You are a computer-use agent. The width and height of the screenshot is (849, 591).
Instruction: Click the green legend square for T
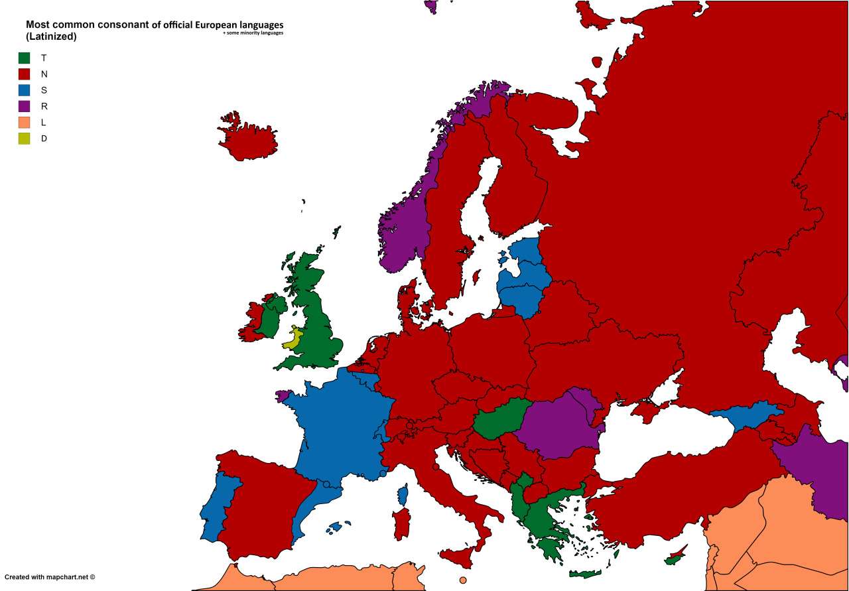point(24,58)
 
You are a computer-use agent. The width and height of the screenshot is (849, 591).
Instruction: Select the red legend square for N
point(24,74)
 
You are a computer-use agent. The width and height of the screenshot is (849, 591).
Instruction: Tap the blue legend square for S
point(24,90)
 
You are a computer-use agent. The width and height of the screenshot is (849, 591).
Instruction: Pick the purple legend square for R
point(24,106)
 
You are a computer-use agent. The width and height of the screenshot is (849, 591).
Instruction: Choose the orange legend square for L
point(24,122)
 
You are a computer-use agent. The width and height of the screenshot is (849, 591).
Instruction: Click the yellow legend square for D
point(24,139)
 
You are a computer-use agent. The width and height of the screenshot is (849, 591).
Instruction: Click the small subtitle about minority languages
point(253,33)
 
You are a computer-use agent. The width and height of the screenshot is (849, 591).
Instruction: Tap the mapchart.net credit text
point(50,577)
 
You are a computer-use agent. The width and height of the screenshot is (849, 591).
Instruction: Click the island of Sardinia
point(401,523)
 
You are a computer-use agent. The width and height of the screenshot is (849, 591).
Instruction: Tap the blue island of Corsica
point(403,495)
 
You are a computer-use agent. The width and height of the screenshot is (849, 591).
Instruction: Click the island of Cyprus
point(677,556)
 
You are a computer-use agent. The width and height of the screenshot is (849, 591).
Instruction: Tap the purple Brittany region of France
point(284,395)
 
